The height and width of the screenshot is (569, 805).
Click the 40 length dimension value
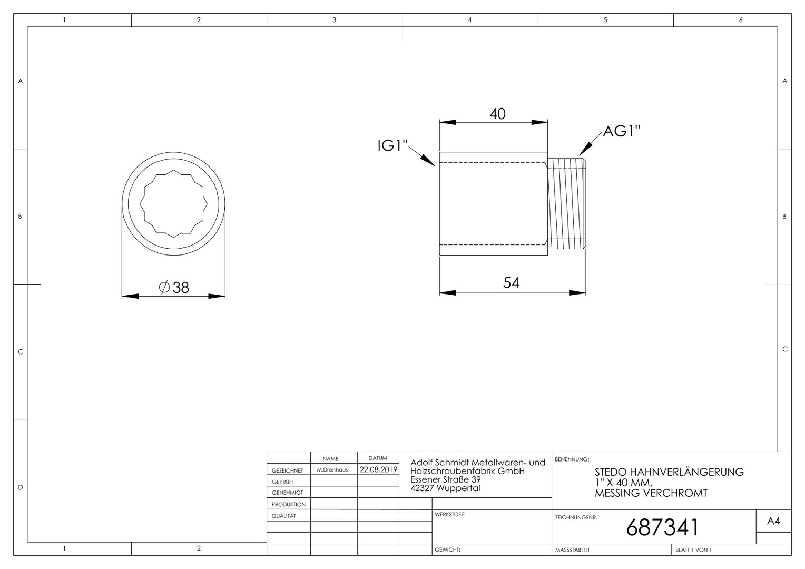coord(497,114)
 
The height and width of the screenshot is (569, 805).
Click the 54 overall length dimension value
coord(511,283)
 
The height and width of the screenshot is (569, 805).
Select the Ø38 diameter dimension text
coord(174,288)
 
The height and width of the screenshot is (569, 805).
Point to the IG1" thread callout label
coord(393,145)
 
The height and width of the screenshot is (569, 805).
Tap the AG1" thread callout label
coord(622,131)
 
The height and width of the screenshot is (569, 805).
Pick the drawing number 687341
coord(662,528)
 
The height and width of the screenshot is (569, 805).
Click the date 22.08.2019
coord(378,469)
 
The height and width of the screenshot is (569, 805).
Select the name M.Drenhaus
coord(332,470)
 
